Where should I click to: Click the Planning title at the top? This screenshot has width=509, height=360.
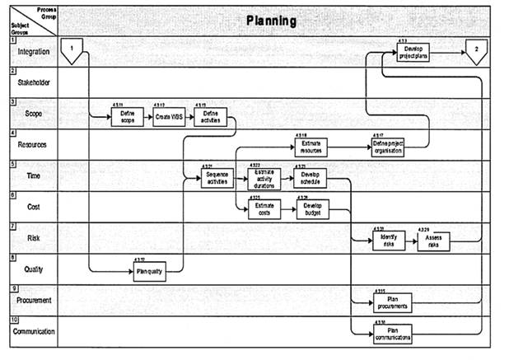pyautogui.click(x=271, y=20)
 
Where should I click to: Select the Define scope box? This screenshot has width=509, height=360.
pyautogui.click(x=127, y=118)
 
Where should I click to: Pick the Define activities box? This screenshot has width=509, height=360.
pyautogui.click(x=211, y=118)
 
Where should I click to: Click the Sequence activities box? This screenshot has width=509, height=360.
pyautogui.click(x=217, y=179)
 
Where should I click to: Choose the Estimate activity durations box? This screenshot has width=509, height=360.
pyautogui.click(x=264, y=180)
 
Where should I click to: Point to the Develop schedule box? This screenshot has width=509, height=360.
pyautogui.click(x=311, y=179)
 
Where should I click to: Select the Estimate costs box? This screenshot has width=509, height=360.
pyautogui.click(x=264, y=210)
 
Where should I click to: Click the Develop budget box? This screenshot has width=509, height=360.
pyautogui.click(x=311, y=209)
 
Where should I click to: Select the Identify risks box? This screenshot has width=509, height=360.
pyautogui.click(x=388, y=240)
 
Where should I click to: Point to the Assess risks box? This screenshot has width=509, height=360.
pyautogui.click(x=433, y=240)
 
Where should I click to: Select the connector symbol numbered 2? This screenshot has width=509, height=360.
pyautogui.click(x=476, y=51)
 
